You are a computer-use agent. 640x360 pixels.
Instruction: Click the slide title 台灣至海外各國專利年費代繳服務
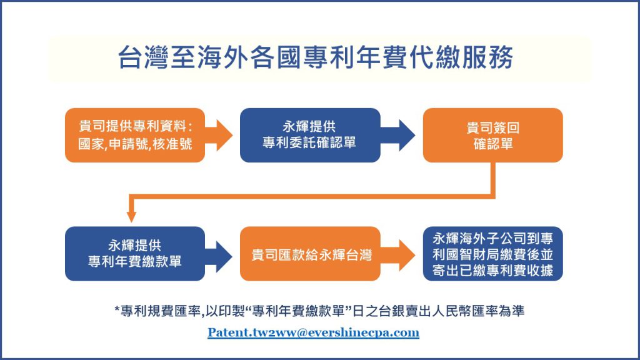click(x=315, y=57)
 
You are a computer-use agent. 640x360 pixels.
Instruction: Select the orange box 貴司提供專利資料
click(x=135, y=135)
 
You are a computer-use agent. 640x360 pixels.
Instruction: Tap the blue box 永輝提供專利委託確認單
click(x=310, y=135)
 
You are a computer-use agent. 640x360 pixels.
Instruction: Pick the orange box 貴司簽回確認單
click(x=492, y=135)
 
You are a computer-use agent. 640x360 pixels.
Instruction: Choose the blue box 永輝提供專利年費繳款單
click(x=135, y=254)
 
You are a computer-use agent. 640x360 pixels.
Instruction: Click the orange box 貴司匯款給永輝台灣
click(x=310, y=254)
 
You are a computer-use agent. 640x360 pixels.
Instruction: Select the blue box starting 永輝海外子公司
click(x=492, y=254)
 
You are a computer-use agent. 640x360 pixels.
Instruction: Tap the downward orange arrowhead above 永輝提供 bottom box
click(x=131, y=216)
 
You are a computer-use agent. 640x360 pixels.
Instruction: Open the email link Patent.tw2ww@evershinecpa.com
click(x=313, y=332)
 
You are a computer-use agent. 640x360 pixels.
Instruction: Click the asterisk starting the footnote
click(x=117, y=310)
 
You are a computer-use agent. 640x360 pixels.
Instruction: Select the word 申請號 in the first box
click(x=128, y=144)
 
